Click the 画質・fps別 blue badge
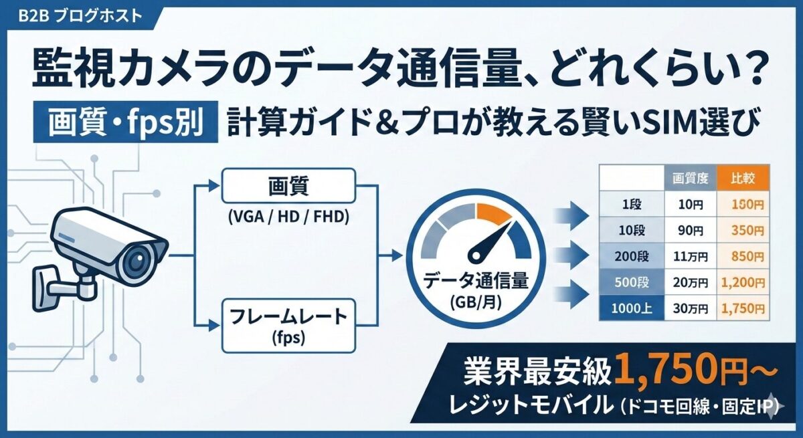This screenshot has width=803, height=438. tap(127, 124)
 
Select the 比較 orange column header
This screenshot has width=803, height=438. tap(739, 179)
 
